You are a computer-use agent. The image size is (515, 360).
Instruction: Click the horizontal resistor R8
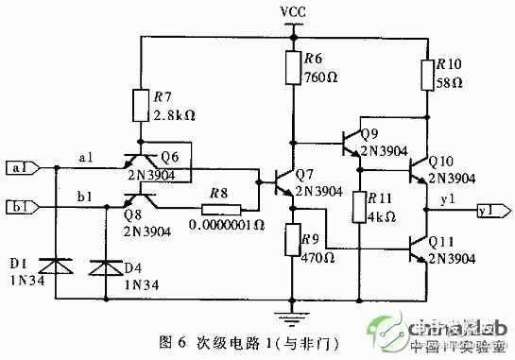(218, 206)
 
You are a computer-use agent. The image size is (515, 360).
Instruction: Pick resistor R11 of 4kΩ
(359, 208)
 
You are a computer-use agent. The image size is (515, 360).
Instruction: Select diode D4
(101, 267)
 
